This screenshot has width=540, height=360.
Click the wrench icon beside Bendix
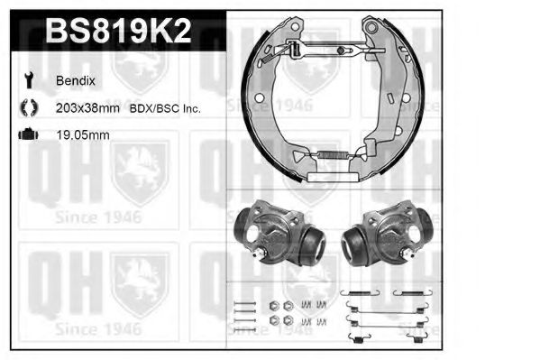click(x=26, y=81)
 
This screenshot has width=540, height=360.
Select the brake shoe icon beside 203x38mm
click(x=26, y=108)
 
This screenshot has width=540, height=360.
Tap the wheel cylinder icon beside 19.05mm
click(x=26, y=135)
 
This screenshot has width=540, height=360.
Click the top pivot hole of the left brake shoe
click(x=292, y=28)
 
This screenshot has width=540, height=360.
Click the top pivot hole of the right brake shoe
click(x=371, y=28)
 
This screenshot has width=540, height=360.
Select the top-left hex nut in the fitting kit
click(x=272, y=305)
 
